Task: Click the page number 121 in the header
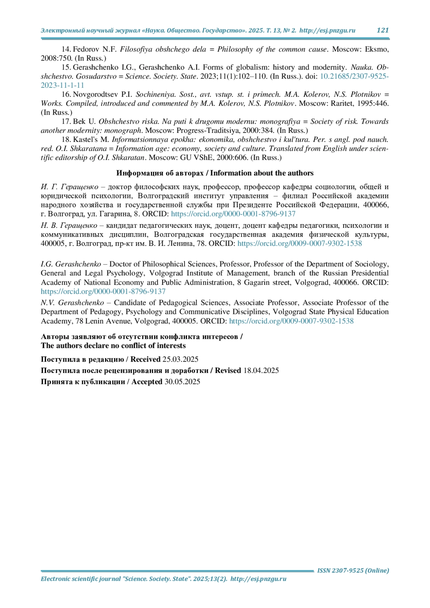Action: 382,30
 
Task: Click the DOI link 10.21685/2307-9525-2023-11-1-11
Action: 354,76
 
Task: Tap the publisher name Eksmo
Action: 377,49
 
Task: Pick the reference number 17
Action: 66,121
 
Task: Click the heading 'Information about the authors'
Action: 262,173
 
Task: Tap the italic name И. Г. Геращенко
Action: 70,187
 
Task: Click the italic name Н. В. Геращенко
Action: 69,225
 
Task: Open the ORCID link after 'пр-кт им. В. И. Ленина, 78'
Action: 300,244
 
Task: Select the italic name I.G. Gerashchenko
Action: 71,264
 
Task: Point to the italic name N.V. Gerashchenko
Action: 72,303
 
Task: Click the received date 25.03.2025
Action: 180,359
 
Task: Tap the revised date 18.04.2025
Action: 261,370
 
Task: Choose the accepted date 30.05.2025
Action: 182,382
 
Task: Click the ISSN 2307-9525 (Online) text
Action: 353,570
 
